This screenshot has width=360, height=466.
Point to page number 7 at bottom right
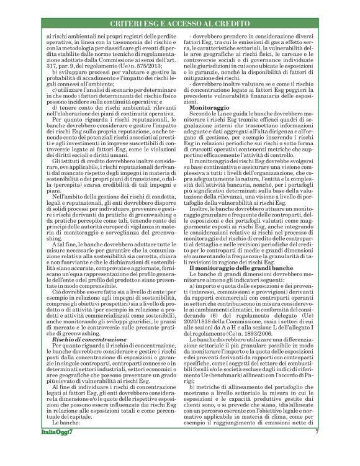pyautogui.click(x=316, y=449)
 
